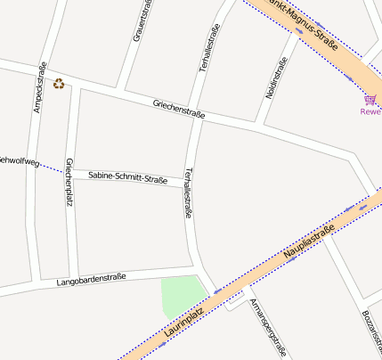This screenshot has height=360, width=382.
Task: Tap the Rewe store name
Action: [370, 111]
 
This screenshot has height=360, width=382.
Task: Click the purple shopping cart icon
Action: [370, 99]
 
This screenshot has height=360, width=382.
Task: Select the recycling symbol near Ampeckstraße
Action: [59, 84]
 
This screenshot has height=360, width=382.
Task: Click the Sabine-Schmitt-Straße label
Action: [127, 177]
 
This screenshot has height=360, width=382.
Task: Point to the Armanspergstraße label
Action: [268, 327]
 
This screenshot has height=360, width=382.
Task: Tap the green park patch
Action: [180, 296]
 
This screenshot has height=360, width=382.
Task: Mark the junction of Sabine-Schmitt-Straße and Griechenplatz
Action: [69, 170]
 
